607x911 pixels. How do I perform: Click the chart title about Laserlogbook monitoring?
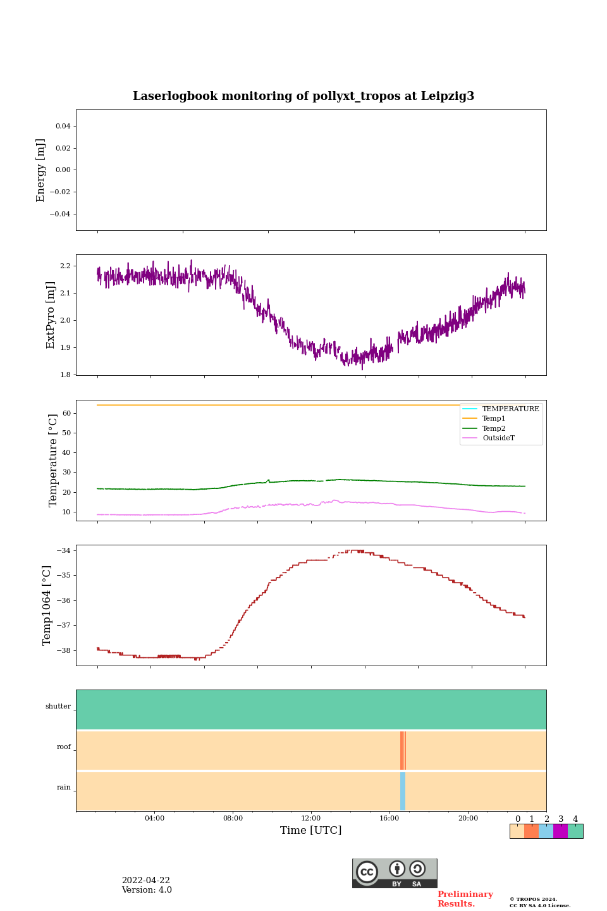tap(303, 96)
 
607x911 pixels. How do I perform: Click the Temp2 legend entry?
tap(493, 428)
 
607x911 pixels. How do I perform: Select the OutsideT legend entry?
tap(498, 438)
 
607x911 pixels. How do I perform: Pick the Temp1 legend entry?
tap(493, 419)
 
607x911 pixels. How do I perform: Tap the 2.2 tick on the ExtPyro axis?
tap(64, 266)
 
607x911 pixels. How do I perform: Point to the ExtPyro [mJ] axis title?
tap(51, 315)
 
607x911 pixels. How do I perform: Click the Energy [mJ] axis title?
tap(40, 170)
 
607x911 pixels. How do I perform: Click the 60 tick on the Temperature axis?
tap(66, 413)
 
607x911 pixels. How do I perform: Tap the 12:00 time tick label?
tap(311, 818)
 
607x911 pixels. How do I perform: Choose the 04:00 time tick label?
tap(154, 818)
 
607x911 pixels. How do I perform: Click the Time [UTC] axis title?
tap(311, 830)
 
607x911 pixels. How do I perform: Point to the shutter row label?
tap(58, 707)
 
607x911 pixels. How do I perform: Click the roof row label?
tap(64, 747)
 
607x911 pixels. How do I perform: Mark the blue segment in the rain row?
tap(403, 791)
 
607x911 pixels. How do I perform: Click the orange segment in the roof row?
tap(403, 750)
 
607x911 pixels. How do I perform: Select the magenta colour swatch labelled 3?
tap(560, 831)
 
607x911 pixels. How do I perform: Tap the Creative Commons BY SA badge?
tap(395, 873)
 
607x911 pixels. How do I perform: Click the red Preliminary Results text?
tap(465, 899)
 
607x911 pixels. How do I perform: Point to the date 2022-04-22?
tap(145, 881)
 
